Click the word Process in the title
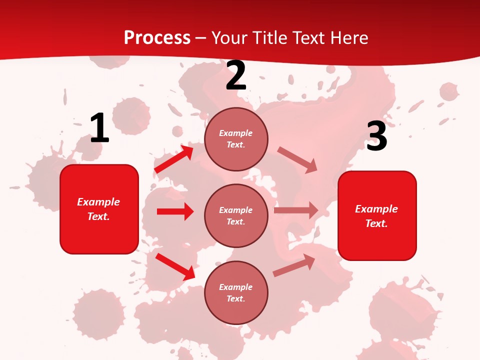coord(157,37)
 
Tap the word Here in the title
coord(348,37)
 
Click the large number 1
coord(99,128)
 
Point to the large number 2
coord(236,76)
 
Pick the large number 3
coord(376,136)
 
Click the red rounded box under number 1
coord(99,209)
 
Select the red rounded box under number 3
coord(377,216)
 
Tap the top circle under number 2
coord(236,139)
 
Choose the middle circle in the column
coord(236,215)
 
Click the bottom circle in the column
coord(236,292)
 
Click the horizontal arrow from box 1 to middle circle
coord(175,211)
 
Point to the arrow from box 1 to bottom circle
coord(175,266)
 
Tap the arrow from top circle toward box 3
coord(297,159)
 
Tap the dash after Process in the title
coord(200,38)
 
